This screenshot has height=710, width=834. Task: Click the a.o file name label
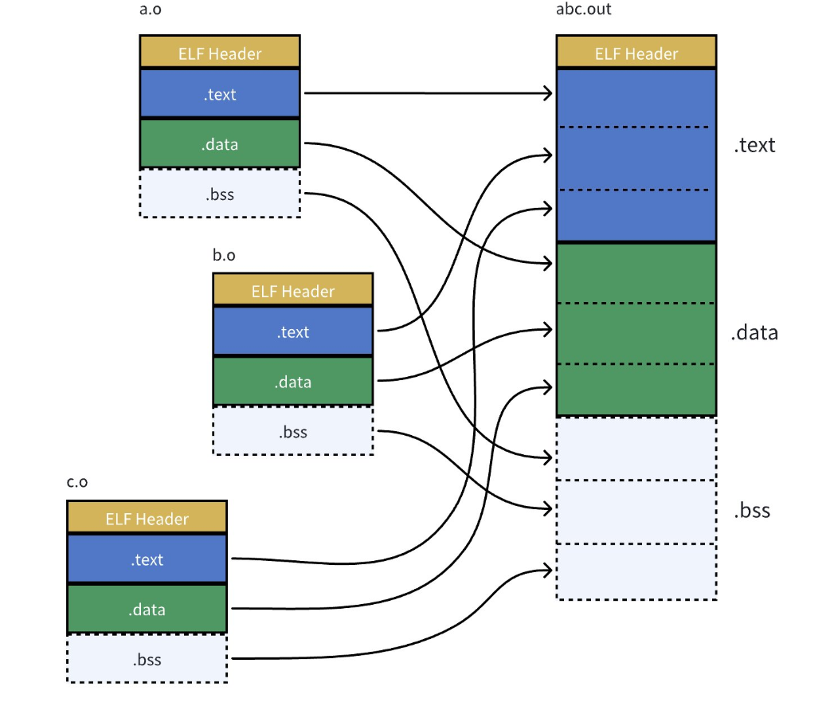[x=150, y=10]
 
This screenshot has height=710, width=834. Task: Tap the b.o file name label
[x=224, y=256]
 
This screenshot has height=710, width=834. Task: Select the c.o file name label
[x=77, y=482]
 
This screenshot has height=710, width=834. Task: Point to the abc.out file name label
[x=583, y=9]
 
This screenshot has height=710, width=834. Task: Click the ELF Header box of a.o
[x=220, y=52]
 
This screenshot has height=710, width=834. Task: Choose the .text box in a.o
[x=220, y=94]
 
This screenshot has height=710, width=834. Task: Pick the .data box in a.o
[x=220, y=143]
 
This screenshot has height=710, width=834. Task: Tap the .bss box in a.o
[x=220, y=194]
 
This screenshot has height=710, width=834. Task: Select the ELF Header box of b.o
[x=293, y=290]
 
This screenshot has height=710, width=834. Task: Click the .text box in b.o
[x=293, y=331]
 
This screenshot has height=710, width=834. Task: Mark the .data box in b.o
[x=293, y=382]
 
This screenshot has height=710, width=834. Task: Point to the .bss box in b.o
[x=293, y=431]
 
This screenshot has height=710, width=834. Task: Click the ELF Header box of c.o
[x=147, y=517]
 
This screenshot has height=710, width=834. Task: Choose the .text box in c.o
[x=147, y=559]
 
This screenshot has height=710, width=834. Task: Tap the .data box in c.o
[x=147, y=609]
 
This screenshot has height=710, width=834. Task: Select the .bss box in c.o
[x=147, y=659]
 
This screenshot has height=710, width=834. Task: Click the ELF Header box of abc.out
[x=636, y=52]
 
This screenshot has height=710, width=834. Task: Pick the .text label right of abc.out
[x=755, y=145]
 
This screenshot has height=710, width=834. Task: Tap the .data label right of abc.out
[x=754, y=332]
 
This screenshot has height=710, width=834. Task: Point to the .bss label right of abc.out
[x=752, y=510]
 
